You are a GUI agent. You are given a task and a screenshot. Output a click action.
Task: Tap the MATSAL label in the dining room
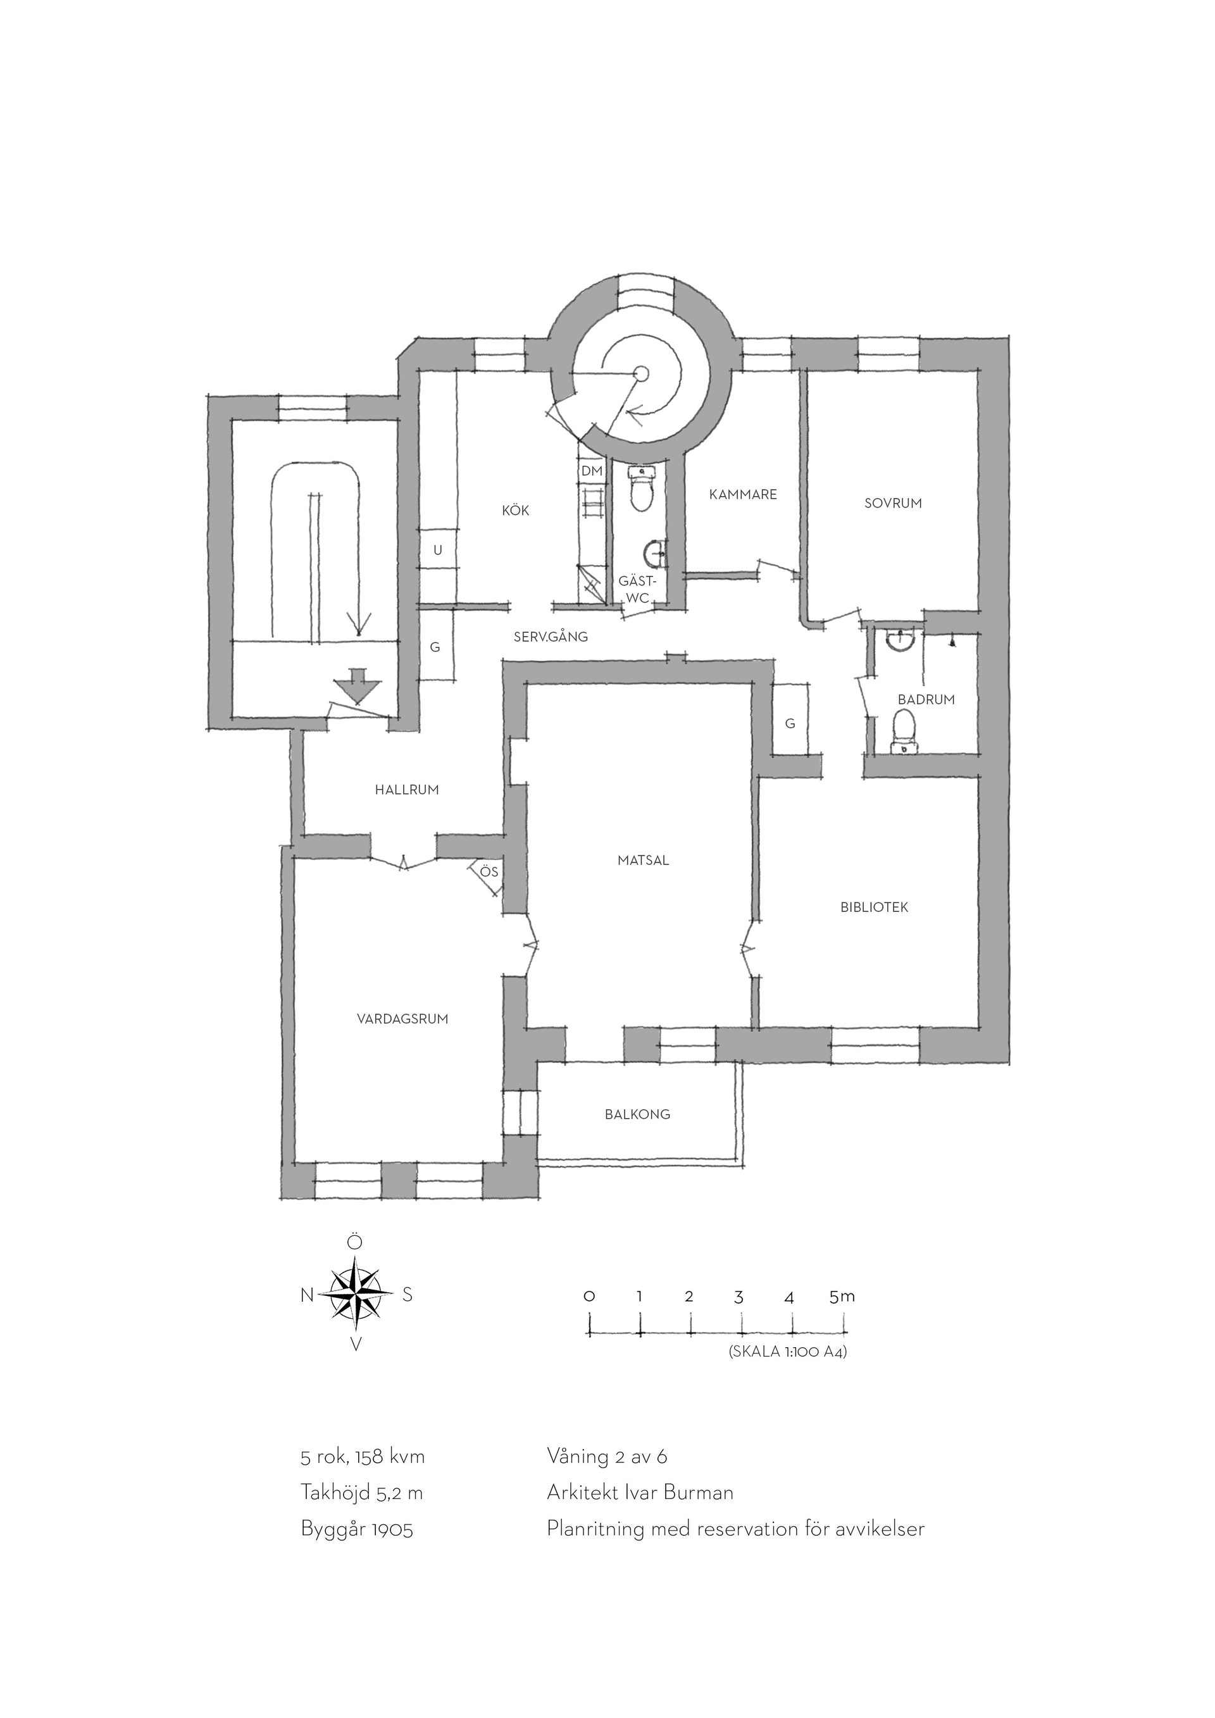pos(644,861)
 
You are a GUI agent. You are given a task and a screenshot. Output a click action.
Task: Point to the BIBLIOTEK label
pos(874,907)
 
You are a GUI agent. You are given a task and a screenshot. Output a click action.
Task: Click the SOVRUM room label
pos(894,503)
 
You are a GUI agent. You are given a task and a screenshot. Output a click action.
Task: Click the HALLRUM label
pos(407,790)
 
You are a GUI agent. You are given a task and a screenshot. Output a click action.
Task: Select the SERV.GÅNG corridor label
pos(551,637)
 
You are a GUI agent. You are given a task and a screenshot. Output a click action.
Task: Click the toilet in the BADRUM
pos(904,731)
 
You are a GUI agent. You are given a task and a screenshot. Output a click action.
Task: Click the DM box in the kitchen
pos(592,471)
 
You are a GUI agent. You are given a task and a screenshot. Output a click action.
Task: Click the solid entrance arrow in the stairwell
pos(357,685)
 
